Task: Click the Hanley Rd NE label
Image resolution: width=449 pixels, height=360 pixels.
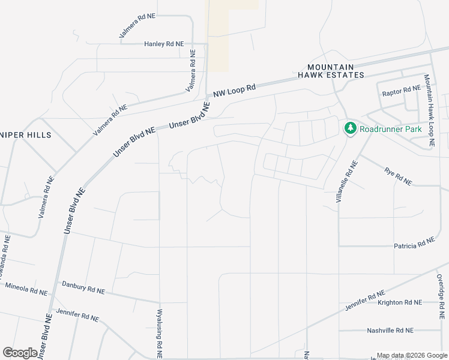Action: (x=164, y=44)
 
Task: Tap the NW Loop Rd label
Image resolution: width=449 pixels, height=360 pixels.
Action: (x=235, y=89)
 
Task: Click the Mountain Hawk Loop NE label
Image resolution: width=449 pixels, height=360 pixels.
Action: (x=429, y=111)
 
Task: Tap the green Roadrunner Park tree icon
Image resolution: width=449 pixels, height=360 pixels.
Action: (x=350, y=128)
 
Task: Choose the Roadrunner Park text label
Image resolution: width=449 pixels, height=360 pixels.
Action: (x=391, y=129)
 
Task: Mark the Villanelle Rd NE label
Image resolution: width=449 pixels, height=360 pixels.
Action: (x=347, y=181)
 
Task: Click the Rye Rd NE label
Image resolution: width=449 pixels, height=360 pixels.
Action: (x=398, y=176)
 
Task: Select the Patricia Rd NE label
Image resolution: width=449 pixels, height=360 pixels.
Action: (x=414, y=244)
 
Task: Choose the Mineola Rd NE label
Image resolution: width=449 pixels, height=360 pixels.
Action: (x=26, y=289)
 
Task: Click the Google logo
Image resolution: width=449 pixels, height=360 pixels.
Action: (x=20, y=353)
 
